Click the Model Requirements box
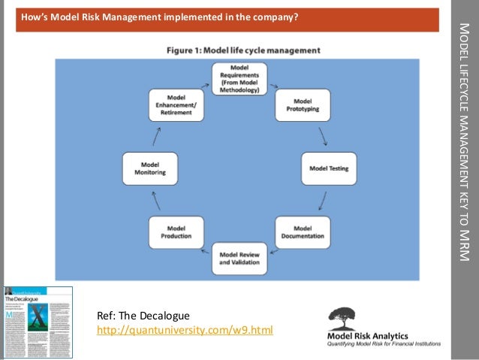(239, 79)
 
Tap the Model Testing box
(328, 168)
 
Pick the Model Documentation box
(303, 232)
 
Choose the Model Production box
(176, 232)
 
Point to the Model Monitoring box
(150, 168)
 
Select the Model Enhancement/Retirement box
(176, 105)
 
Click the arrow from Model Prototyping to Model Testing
(323, 136)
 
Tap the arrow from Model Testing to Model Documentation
(323, 200)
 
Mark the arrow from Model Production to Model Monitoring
(155, 200)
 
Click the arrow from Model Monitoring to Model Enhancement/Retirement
(157, 136)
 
